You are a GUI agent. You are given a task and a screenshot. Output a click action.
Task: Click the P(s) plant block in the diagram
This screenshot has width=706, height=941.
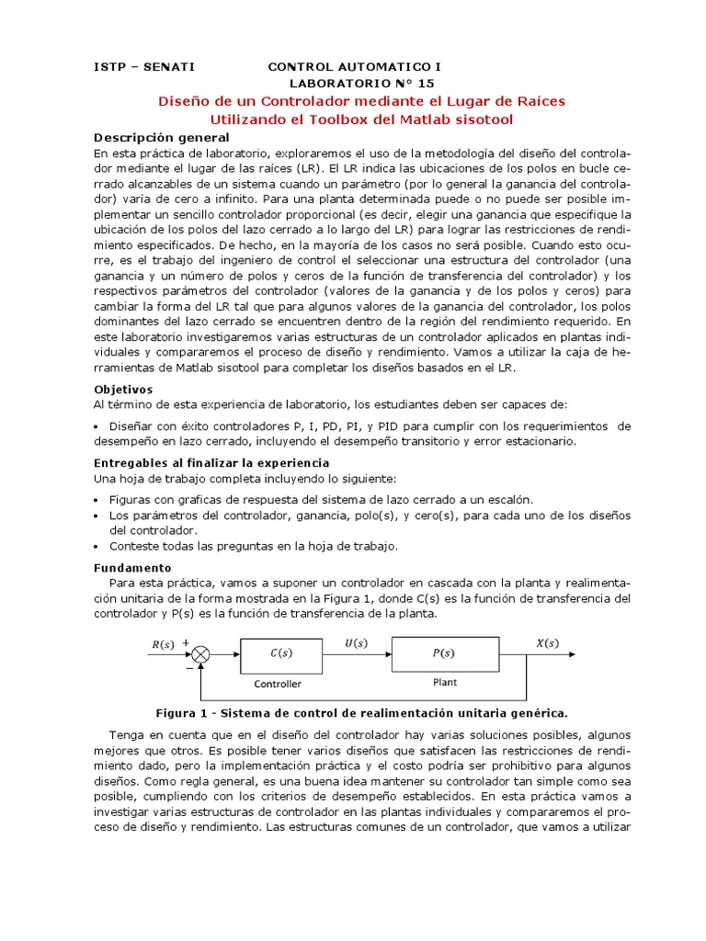tap(443, 653)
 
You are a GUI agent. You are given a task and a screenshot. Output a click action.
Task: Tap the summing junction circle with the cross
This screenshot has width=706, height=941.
tap(201, 653)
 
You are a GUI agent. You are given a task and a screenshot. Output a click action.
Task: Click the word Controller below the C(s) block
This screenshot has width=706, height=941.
tap(278, 684)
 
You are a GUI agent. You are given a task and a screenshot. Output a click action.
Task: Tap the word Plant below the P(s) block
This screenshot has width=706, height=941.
tap(444, 683)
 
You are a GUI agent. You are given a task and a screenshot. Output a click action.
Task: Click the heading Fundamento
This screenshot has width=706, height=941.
tap(132, 568)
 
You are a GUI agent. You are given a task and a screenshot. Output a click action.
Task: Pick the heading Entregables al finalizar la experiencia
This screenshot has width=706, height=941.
tap(211, 463)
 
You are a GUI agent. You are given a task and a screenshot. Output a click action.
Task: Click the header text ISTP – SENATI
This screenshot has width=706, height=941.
tap(144, 67)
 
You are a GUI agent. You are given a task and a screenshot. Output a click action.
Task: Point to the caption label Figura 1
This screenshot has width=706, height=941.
tap(186, 712)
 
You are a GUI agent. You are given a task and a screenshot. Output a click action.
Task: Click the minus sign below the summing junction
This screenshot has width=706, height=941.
tap(191, 669)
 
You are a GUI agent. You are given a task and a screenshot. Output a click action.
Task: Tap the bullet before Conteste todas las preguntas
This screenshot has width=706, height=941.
tap(97, 546)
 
